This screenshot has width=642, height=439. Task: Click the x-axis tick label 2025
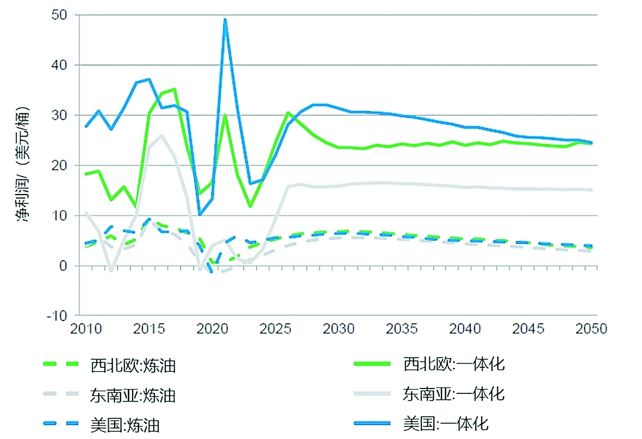click(273, 329)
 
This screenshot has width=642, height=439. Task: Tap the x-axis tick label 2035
click(400, 329)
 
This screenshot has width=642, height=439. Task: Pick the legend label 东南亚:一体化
click(454, 393)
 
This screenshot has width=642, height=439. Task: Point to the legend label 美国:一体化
click(446, 423)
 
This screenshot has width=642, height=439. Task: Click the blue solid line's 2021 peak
click(225, 20)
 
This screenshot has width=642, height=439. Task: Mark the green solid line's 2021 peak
click(225, 115)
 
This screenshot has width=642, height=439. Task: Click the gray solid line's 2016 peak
click(161, 135)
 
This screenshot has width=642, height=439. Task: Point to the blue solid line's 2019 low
click(200, 215)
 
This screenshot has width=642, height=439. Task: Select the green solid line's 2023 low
click(250, 206)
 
